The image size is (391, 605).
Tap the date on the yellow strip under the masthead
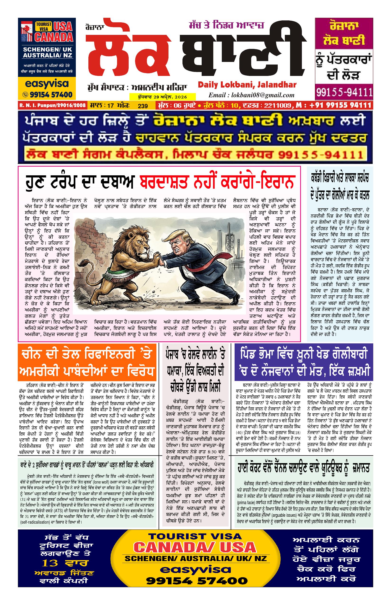pyautogui.click(x=163, y=97)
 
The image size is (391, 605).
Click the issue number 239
pyautogui.click(x=143, y=106)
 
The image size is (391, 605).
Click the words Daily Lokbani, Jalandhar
pyautogui.click(x=247, y=85)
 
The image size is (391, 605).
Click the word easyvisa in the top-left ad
pyautogui.click(x=47, y=84)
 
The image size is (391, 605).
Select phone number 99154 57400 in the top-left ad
pyautogui.click(x=51, y=95)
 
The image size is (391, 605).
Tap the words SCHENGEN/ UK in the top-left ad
pyautogui.click(x=47, y=49)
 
